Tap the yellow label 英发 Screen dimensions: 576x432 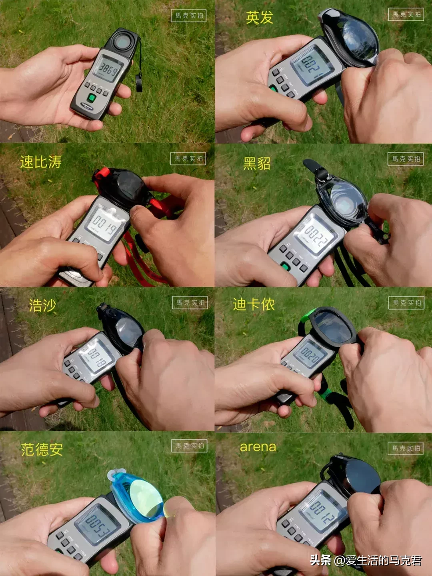259,18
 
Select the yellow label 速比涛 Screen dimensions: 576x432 41,162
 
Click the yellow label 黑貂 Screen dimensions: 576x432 257,163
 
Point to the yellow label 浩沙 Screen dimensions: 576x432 42,306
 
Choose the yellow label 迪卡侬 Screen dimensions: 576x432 254,304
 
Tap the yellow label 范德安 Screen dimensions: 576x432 42,450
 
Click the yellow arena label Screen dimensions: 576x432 258,447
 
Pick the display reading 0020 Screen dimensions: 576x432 310,353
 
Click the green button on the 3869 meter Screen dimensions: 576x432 92,98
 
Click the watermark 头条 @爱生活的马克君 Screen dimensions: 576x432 366,560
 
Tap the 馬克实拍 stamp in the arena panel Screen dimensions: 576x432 406,448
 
